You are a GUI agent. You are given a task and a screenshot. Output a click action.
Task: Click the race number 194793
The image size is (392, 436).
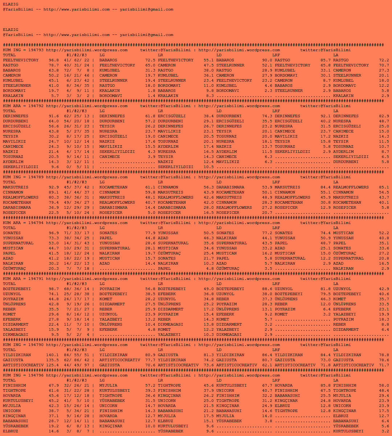[x=36, y=50]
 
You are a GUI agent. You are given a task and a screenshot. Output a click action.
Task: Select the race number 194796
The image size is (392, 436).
[x=36, y=375]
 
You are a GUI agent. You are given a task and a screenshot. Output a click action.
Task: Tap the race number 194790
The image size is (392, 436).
[x=36, y=345]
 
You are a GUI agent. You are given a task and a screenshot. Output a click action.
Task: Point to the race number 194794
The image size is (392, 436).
[x=36, y=223]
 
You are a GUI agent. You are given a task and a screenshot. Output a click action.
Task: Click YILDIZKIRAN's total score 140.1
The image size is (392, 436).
[x=52, y=355]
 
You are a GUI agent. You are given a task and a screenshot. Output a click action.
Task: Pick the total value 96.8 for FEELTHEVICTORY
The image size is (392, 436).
[x=54, y=60]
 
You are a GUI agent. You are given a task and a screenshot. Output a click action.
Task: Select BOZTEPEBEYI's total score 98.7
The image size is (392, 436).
[x=54, y=289]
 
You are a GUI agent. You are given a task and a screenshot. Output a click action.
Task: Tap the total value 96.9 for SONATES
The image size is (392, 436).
[x=54, y=233]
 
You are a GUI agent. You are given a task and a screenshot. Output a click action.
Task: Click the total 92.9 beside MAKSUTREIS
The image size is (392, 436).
[x=54, y=187]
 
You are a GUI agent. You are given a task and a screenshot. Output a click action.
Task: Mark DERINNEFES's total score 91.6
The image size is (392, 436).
[x=54, y=116]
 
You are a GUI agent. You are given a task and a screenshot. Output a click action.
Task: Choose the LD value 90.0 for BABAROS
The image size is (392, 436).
[x=267, y=60]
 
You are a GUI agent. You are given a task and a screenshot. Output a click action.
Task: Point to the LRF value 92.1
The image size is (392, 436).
[x=326, y=116]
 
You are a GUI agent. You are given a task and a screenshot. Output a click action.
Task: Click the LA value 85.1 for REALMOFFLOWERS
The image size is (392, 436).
[x=384, y=187]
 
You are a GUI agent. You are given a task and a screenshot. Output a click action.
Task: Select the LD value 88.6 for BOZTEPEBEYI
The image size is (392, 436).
[x=267, y=289]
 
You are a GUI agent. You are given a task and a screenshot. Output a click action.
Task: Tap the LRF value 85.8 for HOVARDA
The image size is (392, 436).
[x=326, y=386]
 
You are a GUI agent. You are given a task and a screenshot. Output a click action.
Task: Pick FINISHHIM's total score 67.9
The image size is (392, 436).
[x=54, y=386]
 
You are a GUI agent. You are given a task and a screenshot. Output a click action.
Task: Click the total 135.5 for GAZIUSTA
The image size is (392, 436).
[x=52, y=360]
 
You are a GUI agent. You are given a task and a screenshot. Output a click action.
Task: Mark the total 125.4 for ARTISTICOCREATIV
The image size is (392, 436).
[x=52, y=365]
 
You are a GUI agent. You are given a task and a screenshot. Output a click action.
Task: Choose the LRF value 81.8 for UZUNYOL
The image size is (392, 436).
[x=326, y=289]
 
